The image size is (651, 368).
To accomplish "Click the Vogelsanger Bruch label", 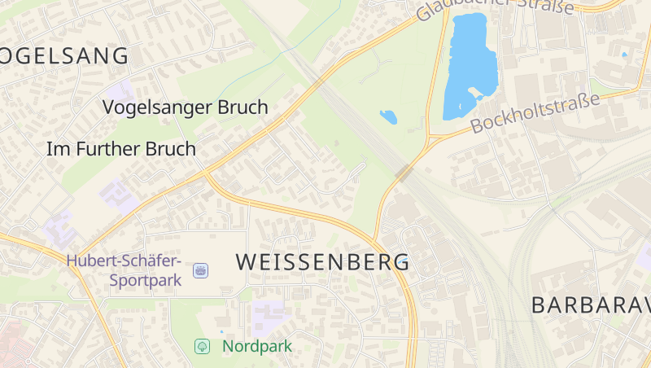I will tap(186, 107).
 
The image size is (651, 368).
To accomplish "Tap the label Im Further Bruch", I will tap(121, 149).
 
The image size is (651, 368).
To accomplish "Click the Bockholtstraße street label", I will tap(535, 113).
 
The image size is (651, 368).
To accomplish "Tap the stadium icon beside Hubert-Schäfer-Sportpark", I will tap(200, 270).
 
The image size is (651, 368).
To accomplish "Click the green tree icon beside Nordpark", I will tap(202, 346).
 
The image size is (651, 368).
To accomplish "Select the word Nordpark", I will tap(257, 346).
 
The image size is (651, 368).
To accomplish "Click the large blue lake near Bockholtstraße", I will tap(470, 65).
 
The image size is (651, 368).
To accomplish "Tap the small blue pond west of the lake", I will tap(388, 116).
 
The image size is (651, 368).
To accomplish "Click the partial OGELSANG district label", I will tap(64, 56).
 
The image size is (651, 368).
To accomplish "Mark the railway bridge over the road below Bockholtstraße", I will tap(404, 172).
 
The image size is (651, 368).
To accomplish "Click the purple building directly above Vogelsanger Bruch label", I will tap(120, 90).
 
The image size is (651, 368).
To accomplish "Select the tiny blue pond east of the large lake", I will tap(624, 55).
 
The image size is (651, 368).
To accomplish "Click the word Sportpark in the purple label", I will tap(140, 281).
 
